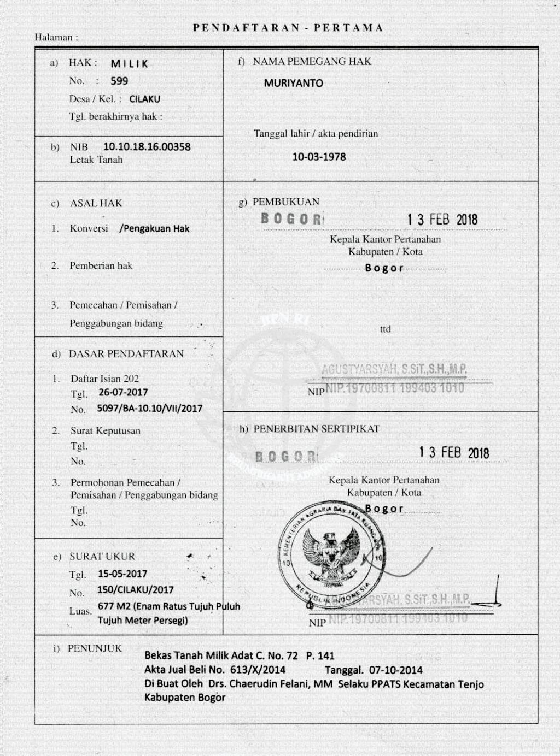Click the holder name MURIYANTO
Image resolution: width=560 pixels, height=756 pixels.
click(293, 83)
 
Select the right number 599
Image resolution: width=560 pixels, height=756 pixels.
click(119, 81)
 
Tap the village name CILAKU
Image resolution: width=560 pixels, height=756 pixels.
click(144, 99)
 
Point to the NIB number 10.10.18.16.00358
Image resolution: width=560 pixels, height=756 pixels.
click(147, 146)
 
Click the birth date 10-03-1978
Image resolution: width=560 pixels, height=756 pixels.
click(319, 157)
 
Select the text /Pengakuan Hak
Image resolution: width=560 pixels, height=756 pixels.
click(154, 228)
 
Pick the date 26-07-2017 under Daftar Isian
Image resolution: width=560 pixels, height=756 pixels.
click(123, 392)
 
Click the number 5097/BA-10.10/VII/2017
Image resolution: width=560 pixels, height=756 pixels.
click(149, 408)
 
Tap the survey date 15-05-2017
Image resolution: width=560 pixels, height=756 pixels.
click(122, 574)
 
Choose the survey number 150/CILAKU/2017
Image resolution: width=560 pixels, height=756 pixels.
click(135, 590)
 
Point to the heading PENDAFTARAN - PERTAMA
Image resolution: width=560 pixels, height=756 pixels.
click(288, 28)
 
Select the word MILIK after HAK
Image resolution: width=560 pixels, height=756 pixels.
click(129, 64)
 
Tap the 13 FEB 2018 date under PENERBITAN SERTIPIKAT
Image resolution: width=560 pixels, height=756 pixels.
click(454, 453)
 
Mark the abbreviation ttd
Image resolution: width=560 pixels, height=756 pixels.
click(386, 329)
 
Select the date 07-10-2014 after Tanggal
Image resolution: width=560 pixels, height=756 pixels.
click(395, 670)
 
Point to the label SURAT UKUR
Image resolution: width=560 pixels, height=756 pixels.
click(102, 556)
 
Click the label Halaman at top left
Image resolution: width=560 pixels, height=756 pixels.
click(54, 37)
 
